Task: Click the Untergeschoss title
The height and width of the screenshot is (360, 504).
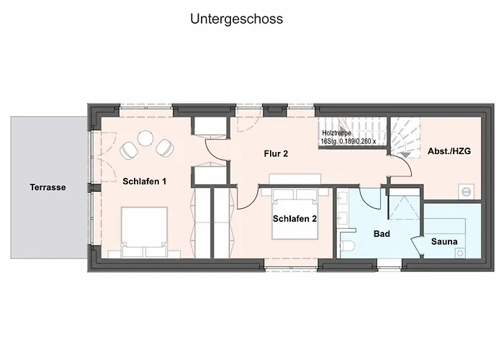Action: (237, 19)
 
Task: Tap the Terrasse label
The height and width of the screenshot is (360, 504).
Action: (48, 187)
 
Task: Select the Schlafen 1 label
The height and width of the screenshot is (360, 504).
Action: (144, 181)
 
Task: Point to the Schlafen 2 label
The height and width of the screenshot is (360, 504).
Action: (294, 219)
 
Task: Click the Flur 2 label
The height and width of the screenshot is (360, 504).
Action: (276, 153)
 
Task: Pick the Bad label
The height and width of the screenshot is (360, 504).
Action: (382, 234)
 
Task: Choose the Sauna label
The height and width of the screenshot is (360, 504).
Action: (444, 241)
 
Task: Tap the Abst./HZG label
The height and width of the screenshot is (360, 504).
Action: (449, 151)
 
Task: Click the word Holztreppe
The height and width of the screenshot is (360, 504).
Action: (336, 133)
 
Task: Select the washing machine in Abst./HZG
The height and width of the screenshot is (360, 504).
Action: (466, 192)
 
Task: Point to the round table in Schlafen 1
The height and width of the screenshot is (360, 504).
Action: (145, 138)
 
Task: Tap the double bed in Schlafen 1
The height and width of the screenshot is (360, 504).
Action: (144, 232)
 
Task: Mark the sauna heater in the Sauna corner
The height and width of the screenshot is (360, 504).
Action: (460, 253)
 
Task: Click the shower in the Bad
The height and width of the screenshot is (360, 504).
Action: (404, 207)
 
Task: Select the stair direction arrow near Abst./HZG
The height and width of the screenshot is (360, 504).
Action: (405, 155)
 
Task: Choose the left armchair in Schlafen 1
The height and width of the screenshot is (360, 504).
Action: (129, 150)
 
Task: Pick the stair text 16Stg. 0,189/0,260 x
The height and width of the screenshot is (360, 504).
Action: (348, 141)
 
